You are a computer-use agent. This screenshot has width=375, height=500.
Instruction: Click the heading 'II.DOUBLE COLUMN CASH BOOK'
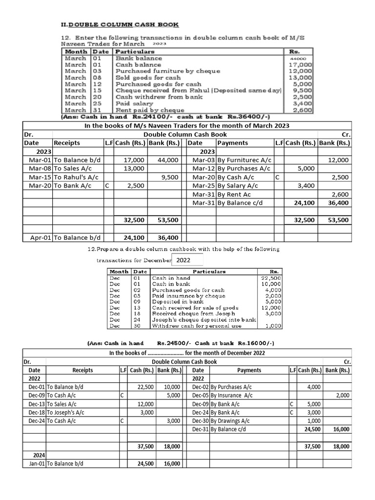pos(119,24)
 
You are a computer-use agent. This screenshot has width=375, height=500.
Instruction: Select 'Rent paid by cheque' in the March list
pos(150,110)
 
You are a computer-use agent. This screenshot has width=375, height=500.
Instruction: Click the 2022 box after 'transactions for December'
pos(187,260)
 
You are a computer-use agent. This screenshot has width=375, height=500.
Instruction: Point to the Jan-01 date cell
pos(34,463)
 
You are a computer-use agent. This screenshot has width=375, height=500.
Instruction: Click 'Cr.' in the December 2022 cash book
pos(347,362)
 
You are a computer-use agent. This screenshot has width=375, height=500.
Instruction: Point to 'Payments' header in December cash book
pos(249,370)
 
